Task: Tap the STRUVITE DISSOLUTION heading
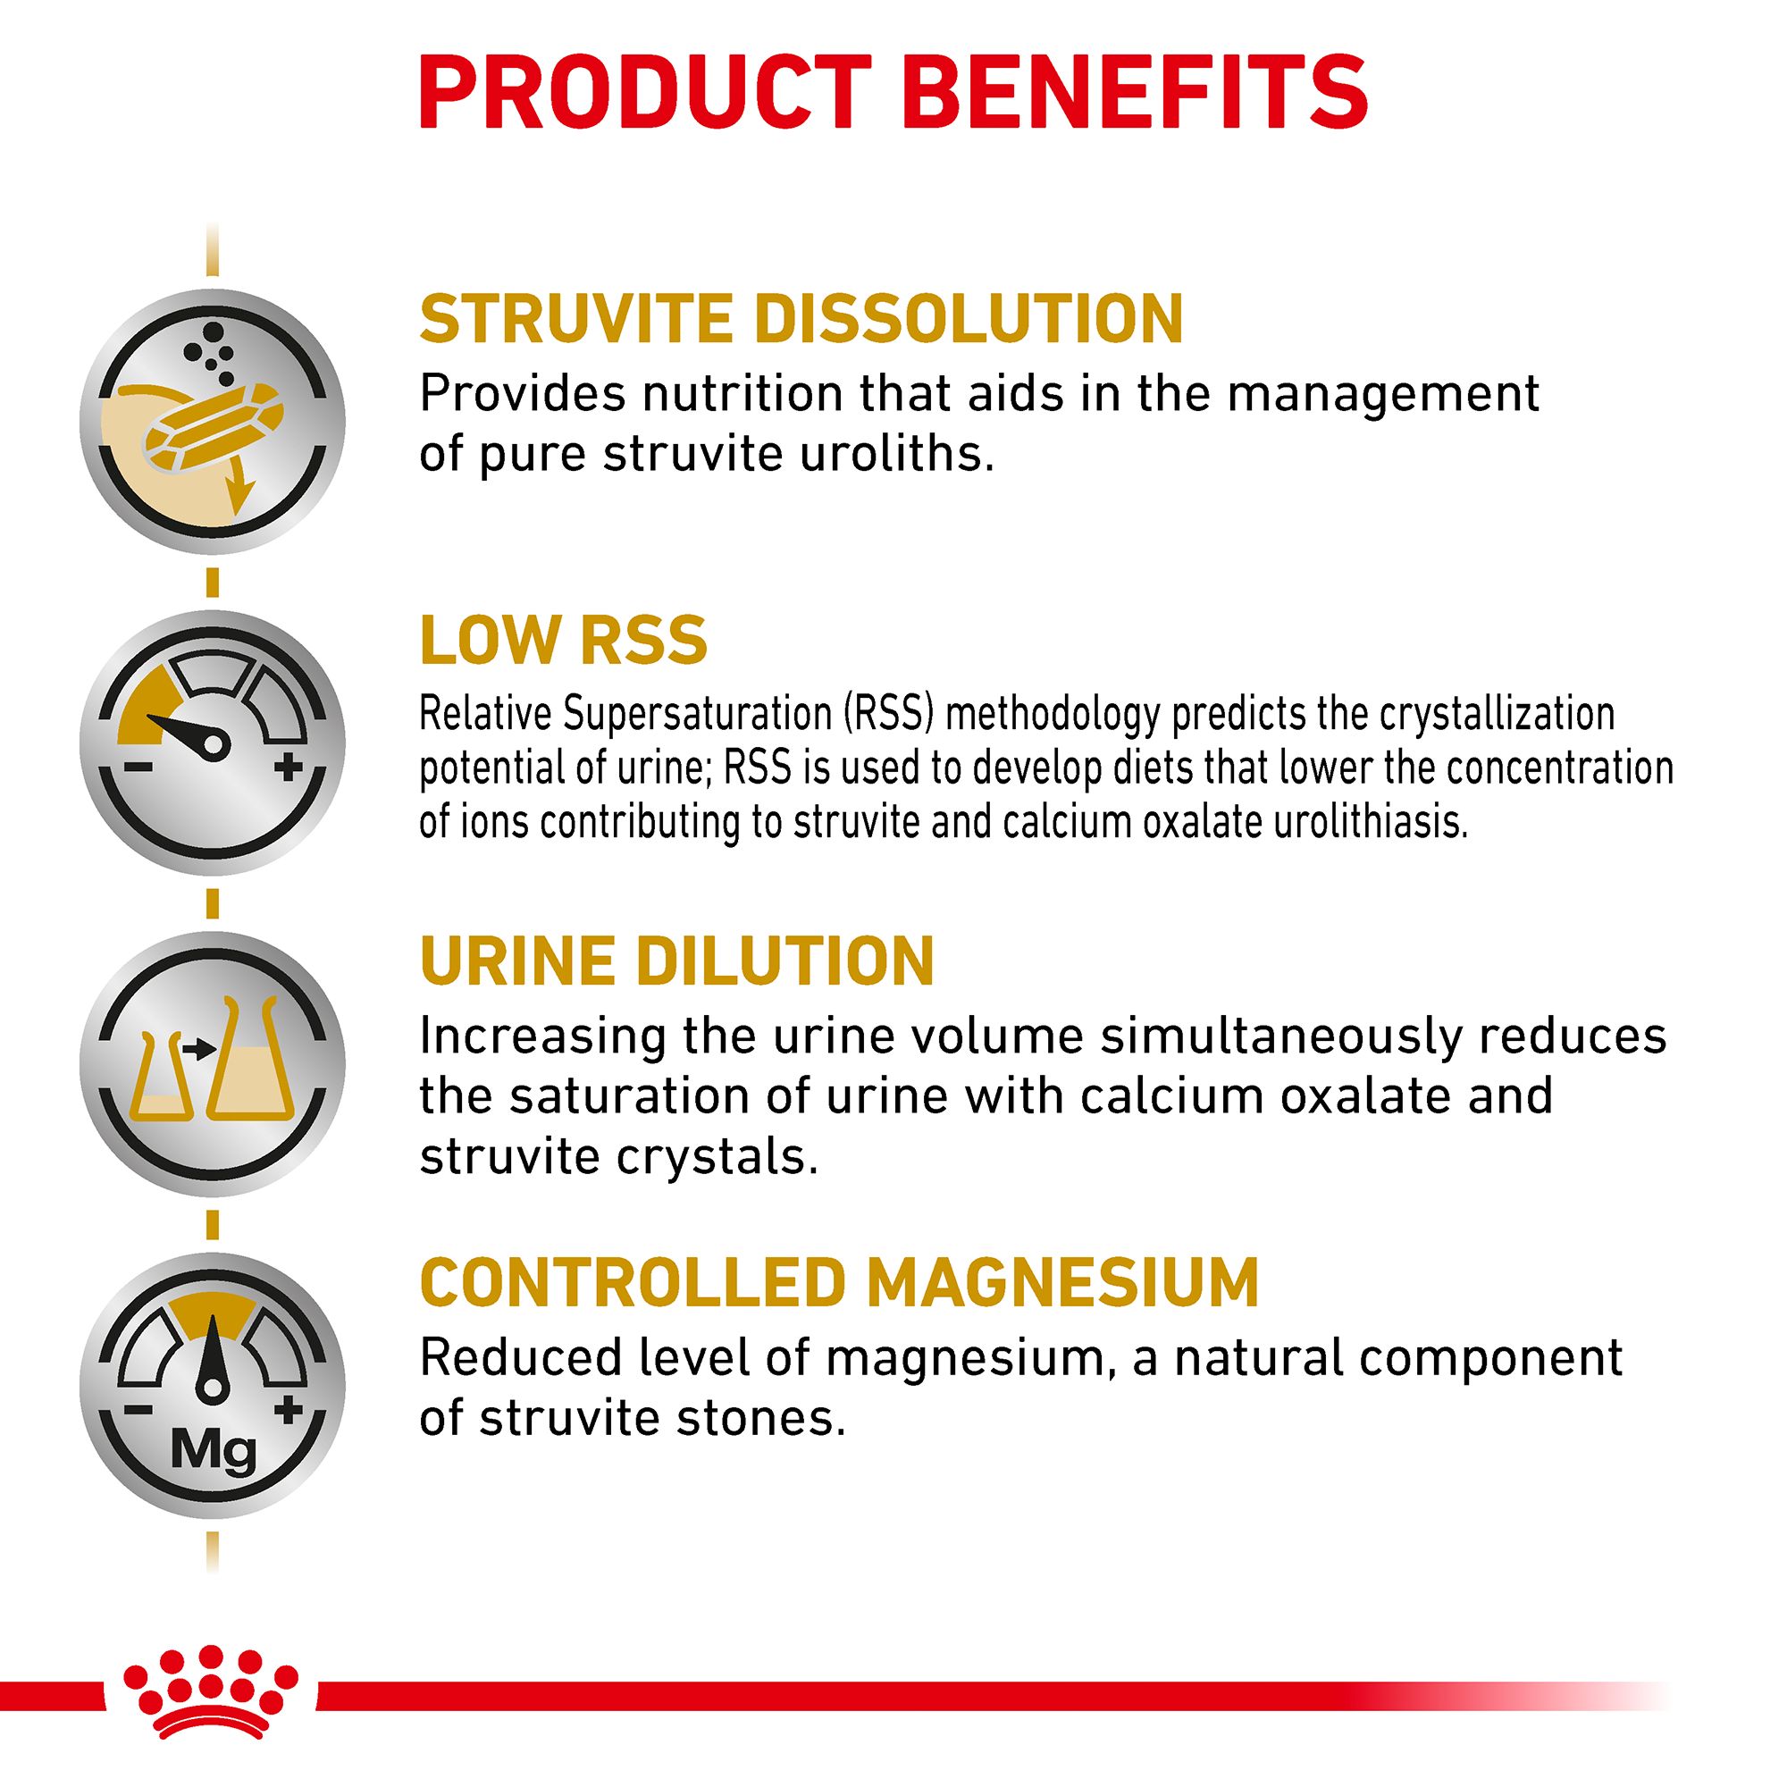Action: [801, 319]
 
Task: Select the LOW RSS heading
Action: [563, 639]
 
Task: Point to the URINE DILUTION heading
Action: [677, 961]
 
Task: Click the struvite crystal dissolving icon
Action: [213, 422]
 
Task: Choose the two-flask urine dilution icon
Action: [213, 1063]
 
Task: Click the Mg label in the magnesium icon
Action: [214, 1453]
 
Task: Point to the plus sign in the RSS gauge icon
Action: [289, 766]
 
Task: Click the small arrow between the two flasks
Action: [199, 1049]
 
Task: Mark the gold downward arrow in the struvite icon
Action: [242, 485]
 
